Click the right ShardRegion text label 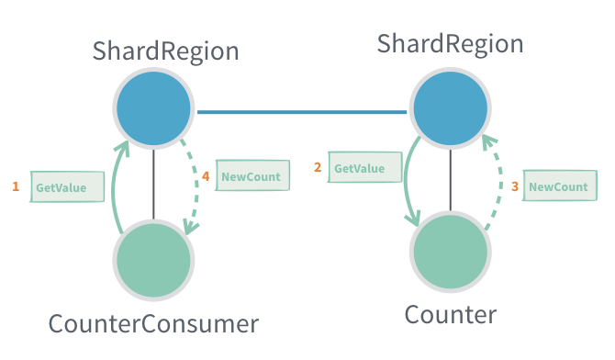click(451, 43)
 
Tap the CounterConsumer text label click(153, 323)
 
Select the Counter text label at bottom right click(451, 315)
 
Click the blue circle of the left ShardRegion click(154, 109)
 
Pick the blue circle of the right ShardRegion click(450, 108)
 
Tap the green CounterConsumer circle click(154, 259)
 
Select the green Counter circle click(450, 251)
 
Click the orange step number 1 click(16, 186)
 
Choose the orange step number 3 click(514, 186)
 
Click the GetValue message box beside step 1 click(67, 187)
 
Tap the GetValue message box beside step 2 click(365, 168)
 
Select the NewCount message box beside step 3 click(557, 186)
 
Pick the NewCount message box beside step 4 click(252, 175)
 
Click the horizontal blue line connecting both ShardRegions click(301, 112)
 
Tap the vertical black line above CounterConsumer click(154, 184)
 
